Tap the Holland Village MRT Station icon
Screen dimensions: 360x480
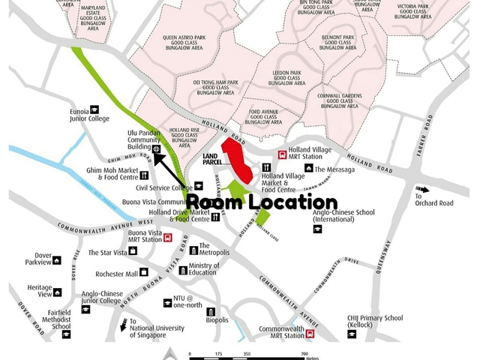tap(282, 155)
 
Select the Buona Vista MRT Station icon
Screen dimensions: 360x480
tap(168, 238)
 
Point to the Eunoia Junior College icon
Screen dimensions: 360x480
tap(94, 109)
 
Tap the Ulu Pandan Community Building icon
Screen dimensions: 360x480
tap(155, 149)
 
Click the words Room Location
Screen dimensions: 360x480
tap(261, 202)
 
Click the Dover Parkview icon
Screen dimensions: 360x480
tap(57, 261)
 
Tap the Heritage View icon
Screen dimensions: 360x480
tap(57, 292)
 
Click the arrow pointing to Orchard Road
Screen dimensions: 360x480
tap(424, 190)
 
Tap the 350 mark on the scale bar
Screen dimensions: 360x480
tap(247, 353)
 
